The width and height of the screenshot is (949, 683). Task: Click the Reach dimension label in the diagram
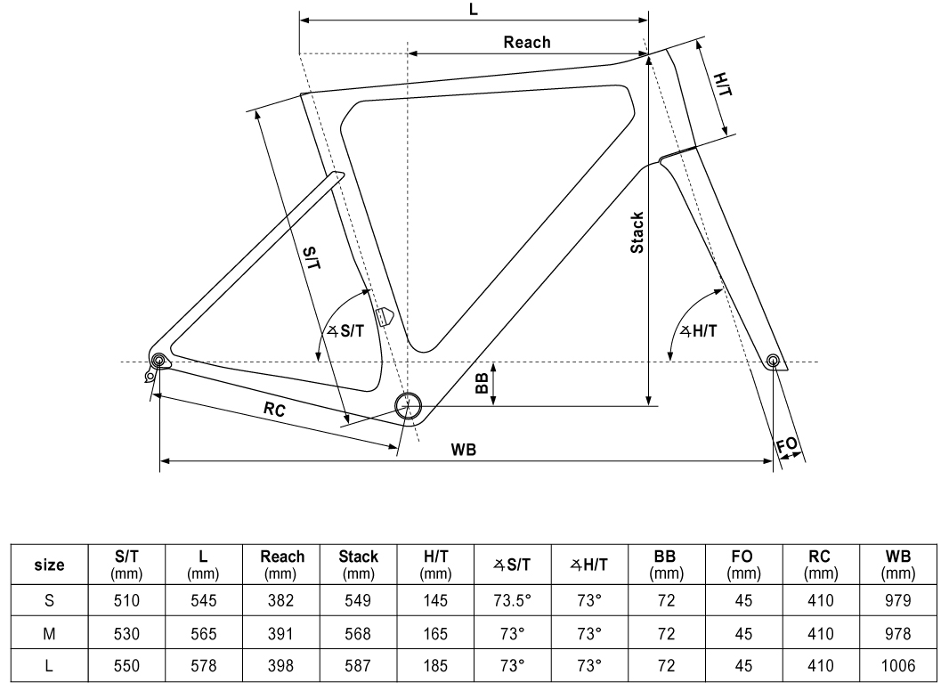[527, 42]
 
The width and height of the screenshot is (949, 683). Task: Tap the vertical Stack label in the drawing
[637, 233]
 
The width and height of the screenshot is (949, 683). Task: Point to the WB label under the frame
[463, 450]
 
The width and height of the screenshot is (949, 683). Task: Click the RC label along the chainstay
[273, 410]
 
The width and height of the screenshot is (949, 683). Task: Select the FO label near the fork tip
[788, 445]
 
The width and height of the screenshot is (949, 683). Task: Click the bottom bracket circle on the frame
[408, 406]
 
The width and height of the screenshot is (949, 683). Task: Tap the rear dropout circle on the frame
[159, 361]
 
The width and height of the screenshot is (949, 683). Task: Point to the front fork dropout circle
[773, 361]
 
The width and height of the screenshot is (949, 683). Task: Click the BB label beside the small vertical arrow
[481, 383]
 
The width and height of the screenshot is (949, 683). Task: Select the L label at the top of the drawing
[473, 9]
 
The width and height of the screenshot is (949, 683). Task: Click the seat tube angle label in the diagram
[345, 330]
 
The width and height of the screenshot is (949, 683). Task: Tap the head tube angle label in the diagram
[699, 330]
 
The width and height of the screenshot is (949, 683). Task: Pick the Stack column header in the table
[358, 563]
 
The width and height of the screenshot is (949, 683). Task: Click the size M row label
[48, 633]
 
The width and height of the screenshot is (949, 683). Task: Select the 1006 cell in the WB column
[899, 665]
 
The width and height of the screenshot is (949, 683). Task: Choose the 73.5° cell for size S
[512, 600]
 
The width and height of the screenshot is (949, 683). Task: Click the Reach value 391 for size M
[282, 633]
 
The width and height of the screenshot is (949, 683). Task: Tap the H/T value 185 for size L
[435, 665]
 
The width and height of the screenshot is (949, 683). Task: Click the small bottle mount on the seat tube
[385, 316]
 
